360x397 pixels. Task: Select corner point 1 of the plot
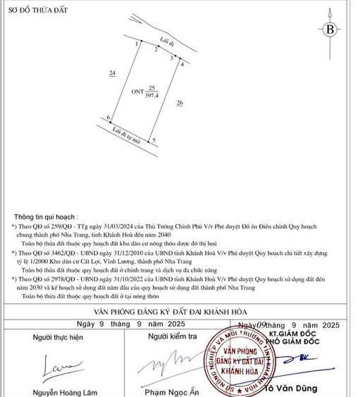pos(137,44)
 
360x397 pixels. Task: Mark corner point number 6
pos(108,118)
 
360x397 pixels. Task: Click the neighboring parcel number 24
pos(112,73)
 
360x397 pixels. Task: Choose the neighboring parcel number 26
pos(180,103)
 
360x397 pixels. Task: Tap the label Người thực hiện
pos(58,338)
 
